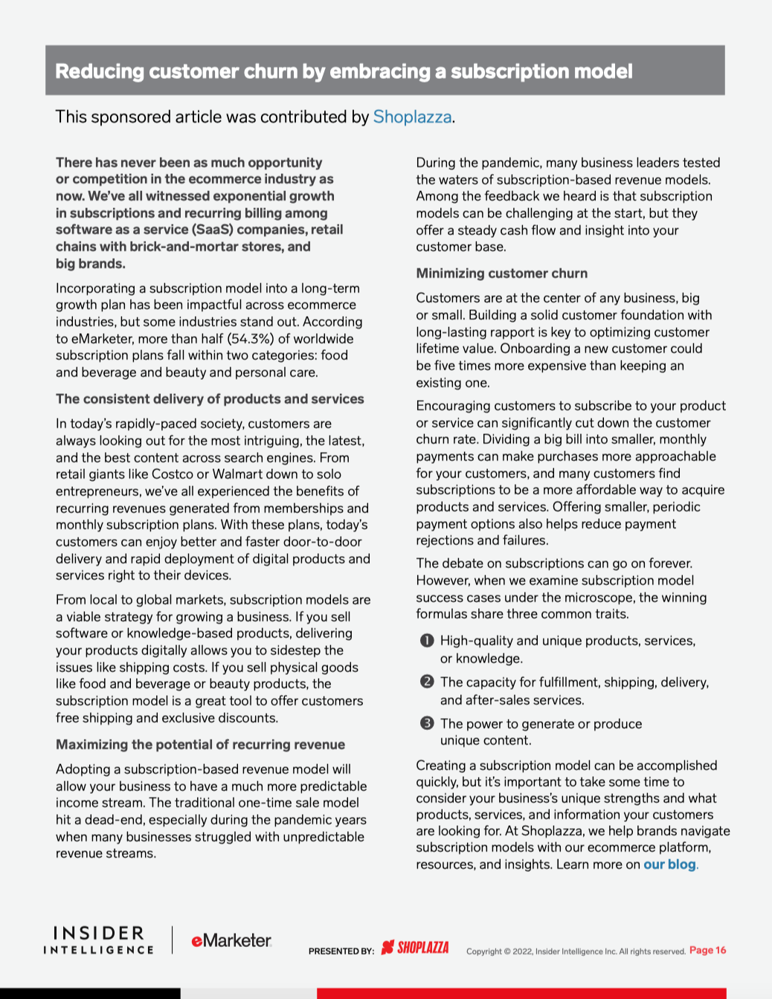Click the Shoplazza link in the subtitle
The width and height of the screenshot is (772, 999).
click(412, 117)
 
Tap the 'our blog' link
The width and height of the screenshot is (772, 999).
click(669, 864)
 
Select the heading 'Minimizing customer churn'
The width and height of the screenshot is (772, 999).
click(502, 274)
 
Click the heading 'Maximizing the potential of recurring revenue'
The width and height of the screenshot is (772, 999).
click(200, 745)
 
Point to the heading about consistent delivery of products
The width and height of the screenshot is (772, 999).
click(210, 399)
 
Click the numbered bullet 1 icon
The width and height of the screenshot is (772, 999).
click(427, 641)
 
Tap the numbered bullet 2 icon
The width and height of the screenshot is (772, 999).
click(427, 682)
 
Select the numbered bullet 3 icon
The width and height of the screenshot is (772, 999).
click(427, 723)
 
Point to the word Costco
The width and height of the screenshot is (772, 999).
click(173, 474)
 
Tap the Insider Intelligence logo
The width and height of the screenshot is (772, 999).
click(98, 940)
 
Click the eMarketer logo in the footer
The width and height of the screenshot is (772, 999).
click(231, 941)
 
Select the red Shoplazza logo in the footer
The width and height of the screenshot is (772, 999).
click(415, 948)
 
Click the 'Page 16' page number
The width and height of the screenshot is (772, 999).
click(707, 950)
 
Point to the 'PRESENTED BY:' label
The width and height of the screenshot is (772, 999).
click(341, 951)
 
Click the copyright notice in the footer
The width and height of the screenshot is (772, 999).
click(576, 951)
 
